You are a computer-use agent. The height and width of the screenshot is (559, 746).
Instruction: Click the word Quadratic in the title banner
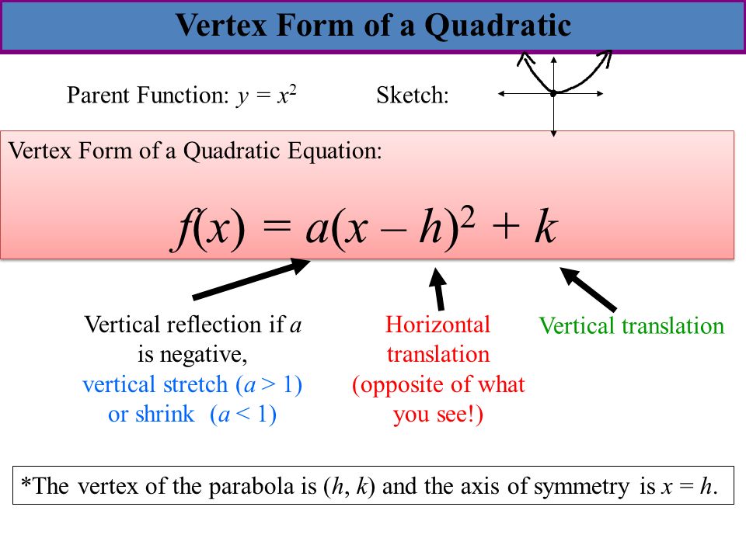click(497, 26)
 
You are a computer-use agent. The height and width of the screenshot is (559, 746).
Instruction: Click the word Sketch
click(413, 95)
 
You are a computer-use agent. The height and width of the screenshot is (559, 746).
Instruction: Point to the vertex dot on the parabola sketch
click(553, 94)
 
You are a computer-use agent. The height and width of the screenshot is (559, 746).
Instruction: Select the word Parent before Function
click(99, 95)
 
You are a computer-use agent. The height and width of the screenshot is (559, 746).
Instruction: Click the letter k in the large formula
click(546, 227)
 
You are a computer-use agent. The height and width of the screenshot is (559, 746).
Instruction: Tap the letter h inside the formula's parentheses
click(431, 227)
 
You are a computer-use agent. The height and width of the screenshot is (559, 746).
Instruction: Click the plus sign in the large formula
click(505, 227)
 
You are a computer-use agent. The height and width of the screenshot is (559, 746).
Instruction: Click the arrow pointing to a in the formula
click(251, 279)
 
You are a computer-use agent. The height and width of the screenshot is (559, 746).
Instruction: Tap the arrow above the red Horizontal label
click(438, 289)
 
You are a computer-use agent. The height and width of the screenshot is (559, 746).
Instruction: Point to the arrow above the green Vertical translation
click(588, 290)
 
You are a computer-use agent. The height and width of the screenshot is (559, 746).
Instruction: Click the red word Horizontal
click(437, 325)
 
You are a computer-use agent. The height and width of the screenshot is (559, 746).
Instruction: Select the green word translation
click(673, 326)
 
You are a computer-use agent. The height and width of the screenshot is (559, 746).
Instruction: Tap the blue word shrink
click(165, 414)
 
